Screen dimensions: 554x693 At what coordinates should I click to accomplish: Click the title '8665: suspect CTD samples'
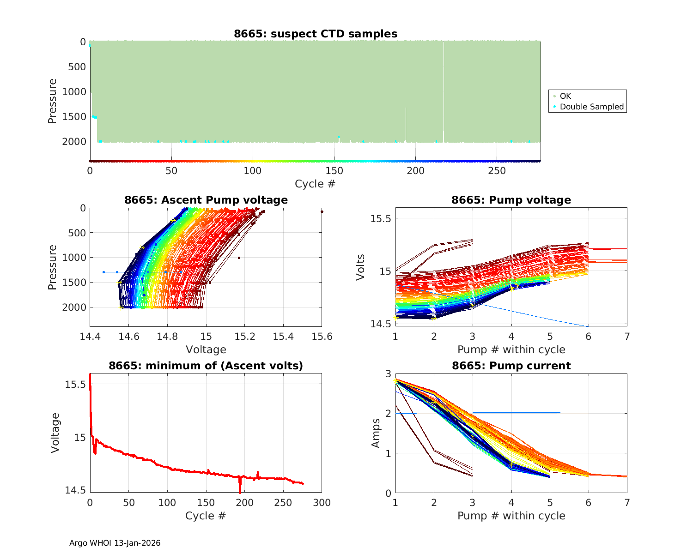pos(316,34)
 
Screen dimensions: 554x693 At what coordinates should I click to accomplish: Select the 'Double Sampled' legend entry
pos(591,107)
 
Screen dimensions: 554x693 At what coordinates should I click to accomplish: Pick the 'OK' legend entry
pos(565,96)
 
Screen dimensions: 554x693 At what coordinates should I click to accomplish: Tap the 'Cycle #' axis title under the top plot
pos(315,184)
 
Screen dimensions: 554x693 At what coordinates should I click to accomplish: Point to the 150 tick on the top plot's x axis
pos(334,171)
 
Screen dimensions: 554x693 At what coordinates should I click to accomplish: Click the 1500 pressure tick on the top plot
pos(74,116)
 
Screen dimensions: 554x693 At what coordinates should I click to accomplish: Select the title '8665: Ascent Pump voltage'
pos(206,200)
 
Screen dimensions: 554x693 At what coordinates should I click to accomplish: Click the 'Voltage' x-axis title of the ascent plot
pos(206,349)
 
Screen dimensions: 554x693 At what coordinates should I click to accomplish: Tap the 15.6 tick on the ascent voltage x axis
pos(322,336)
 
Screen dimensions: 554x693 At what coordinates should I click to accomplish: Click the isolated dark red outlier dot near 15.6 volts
pos(322,211)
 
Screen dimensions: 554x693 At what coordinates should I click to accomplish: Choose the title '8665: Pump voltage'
pos(511,200)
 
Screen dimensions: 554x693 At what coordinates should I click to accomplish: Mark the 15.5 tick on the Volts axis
pos(381,218)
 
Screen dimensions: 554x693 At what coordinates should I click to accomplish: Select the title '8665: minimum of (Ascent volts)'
pos(206,366)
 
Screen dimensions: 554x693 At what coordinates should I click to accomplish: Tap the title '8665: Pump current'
pos(511,366)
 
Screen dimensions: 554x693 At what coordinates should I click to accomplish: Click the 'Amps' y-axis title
pos(376,433)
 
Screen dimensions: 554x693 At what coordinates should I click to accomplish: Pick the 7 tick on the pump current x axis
pos(627,502)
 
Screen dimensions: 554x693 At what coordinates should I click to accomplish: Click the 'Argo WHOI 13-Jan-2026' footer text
pos(115,543)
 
